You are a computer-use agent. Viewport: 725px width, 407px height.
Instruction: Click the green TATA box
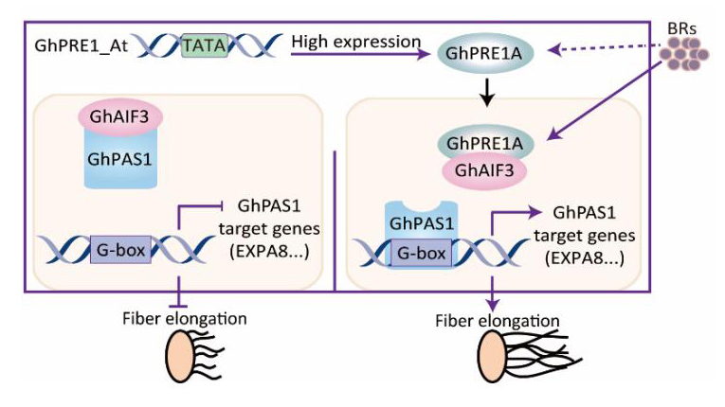point(204,44)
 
